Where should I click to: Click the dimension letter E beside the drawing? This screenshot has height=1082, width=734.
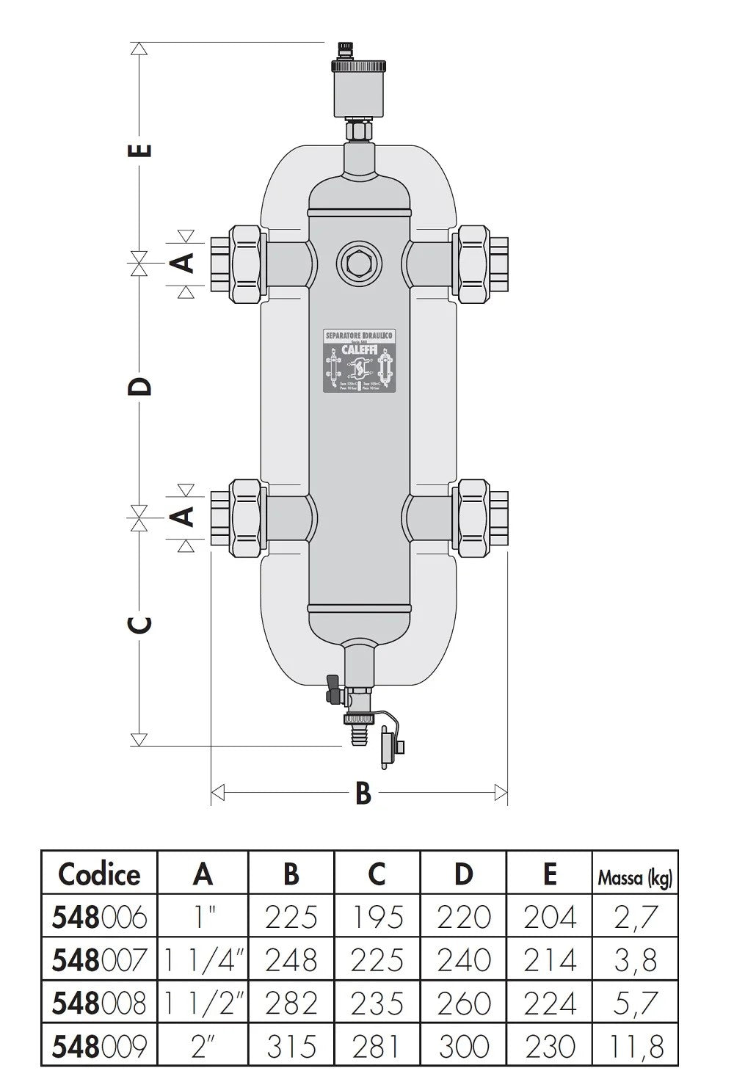(144, 149)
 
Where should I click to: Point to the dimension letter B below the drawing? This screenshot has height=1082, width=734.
(363, 793)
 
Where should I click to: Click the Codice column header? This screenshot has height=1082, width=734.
(99, 874)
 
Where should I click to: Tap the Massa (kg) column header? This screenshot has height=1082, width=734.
(634, 876)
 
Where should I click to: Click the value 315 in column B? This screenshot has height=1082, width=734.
(291, 1045)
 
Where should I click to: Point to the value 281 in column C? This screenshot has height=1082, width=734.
(377, 1045)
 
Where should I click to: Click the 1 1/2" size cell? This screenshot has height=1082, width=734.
(203, 1003)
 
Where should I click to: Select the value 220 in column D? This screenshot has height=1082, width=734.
(463, 917)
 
